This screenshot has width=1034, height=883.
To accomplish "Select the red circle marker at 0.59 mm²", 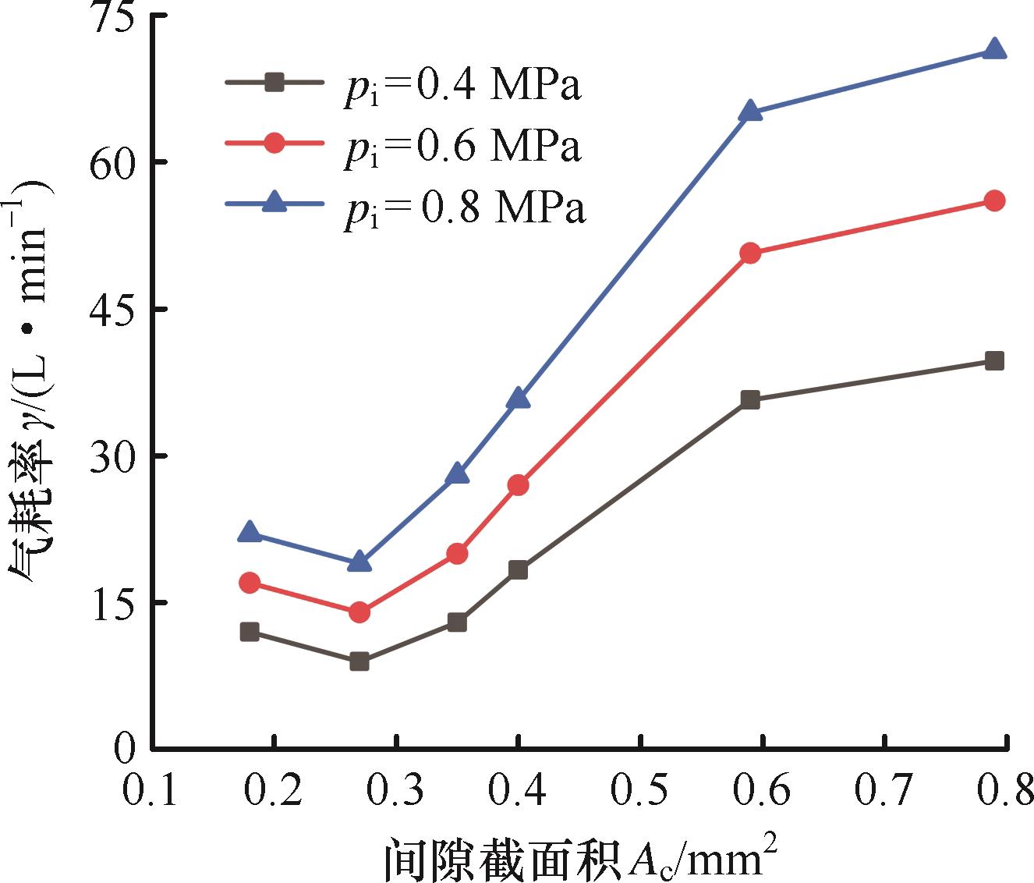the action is [750, 254].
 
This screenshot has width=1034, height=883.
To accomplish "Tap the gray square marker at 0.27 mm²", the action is [359, 662].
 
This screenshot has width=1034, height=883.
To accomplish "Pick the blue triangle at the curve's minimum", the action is [359, 562].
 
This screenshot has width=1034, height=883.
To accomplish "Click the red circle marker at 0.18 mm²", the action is [250, 583].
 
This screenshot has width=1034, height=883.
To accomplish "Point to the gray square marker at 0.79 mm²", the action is [994, 360].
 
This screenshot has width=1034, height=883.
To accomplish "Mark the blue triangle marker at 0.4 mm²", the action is [519, 399].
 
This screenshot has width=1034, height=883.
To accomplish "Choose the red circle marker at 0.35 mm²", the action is [457, 553].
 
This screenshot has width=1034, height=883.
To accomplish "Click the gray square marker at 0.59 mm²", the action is [750, 399].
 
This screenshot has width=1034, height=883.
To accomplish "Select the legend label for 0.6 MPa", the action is [462, 147].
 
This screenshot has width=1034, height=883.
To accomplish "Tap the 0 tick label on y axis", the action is [125, 749].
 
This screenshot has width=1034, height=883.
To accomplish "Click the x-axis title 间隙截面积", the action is [503, 860].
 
